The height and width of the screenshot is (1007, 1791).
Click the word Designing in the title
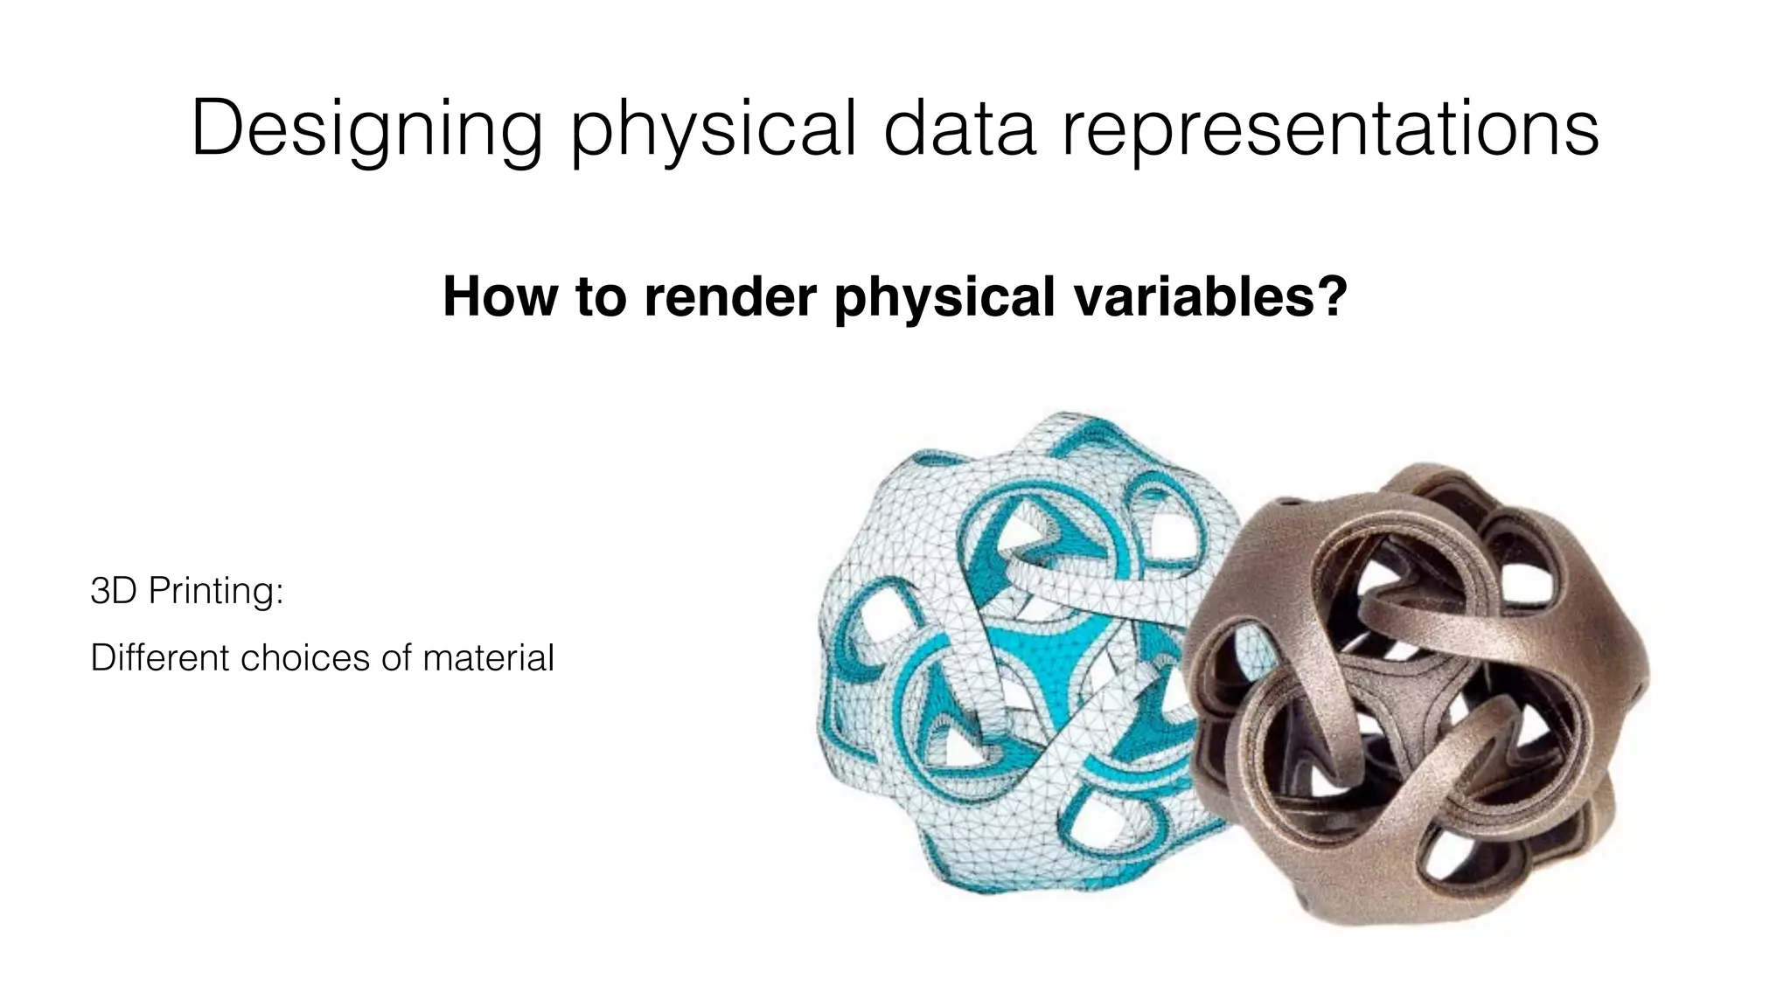click(x=366, y=129)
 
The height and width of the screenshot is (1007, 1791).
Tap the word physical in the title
click(x=713, y=129)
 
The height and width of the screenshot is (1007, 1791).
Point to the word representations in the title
click(x=1330, y=129)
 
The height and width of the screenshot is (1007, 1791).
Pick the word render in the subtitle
click(x=732, y=296)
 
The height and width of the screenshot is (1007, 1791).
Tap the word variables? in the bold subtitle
click(x=1210, y=296)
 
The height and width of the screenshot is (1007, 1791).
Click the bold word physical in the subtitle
click(x=944, y=298)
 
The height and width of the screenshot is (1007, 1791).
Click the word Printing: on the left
click(x=215, y=592)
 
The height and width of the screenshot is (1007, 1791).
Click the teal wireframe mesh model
click(x=1006, y=656)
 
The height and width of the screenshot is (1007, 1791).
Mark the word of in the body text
click(x=396, y=657)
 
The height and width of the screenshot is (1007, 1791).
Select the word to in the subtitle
click(x=603, y=296)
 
